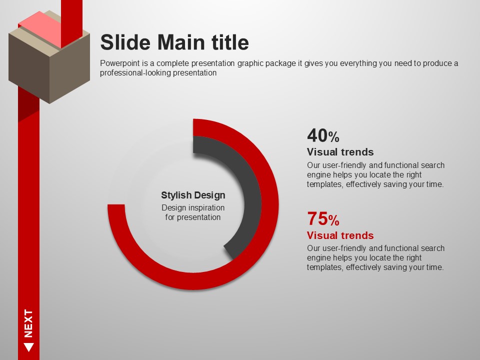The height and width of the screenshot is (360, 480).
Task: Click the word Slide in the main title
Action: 125,42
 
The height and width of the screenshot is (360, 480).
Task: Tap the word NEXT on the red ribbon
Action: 28,323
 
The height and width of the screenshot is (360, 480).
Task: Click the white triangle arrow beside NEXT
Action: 29,347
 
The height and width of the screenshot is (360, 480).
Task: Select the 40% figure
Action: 323,135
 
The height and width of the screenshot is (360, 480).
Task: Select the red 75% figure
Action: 323,218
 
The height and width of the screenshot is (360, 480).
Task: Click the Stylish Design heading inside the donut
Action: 193,195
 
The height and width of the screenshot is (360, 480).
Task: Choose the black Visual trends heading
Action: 340,152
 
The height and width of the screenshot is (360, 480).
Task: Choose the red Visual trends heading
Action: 340,235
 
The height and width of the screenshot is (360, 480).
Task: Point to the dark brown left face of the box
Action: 29,68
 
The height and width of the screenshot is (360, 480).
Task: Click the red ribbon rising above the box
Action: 71,21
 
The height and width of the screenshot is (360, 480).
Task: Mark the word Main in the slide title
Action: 181,42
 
